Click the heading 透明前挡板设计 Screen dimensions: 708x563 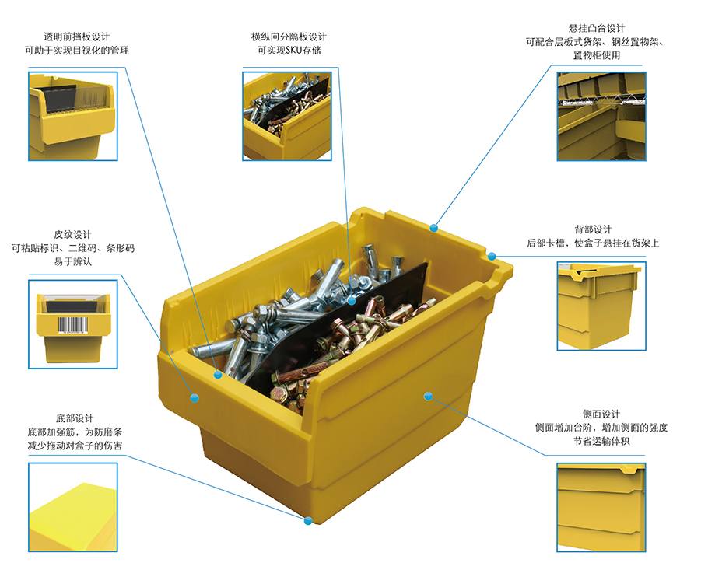tap(77, 37)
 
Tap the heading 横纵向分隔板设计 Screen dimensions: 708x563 tap(289, 37)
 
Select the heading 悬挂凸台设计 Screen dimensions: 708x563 tap(597, 28)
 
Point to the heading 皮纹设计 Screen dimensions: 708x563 tap(72, 234)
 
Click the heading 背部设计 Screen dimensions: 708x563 tap(593, 229)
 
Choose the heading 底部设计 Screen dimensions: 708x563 tap(75, 418)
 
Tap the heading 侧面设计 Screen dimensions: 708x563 tap(601, 414)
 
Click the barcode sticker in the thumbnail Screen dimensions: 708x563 tap(72, 325)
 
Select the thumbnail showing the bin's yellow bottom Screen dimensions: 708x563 tap(73, 507)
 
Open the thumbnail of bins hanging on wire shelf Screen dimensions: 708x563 tap(601, 117)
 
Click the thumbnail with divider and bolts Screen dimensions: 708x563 tap(287, 117)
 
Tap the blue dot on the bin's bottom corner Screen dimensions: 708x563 tap(308, 521)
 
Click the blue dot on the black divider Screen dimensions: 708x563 tap(352, 300)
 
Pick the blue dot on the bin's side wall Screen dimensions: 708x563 tap(428, 396)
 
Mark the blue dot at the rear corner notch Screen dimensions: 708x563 tap(492, 257)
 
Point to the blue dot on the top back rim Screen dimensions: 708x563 tap(434, 228)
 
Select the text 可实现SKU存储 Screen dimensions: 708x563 tap(289, 50)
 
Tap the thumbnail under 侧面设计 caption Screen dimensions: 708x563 tap(601, 507)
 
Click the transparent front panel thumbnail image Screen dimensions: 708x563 tap(73, 117)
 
